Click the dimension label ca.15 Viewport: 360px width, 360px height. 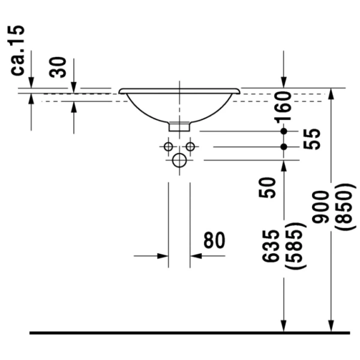coord(17,50)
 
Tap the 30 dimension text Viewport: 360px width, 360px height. coord(58,67)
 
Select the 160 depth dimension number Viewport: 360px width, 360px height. coord(283,106)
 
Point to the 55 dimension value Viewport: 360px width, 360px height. coord(311,139)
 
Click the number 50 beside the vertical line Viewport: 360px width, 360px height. coord(267,188)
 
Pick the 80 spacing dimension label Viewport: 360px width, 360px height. coord(214,240)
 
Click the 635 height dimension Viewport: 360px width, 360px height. coord(271,245)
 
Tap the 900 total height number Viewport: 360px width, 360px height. coord(320,206)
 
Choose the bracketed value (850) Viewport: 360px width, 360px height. coord(344,206)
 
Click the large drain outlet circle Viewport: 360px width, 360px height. coord(179,160)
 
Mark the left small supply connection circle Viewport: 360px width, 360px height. coord(168,146)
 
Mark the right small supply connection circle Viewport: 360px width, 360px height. coord(190,146)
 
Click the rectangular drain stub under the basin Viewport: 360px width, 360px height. coord(179,127)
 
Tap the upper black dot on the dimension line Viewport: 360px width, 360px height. coord(284,131)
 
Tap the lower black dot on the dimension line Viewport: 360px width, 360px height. coord(284,147)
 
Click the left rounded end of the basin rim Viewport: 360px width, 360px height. coord(120,91)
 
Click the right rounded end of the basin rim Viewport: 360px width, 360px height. coord(239,91)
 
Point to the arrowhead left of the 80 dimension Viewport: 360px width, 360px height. coord(163,256)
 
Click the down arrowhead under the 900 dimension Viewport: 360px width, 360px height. coord(331,326)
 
